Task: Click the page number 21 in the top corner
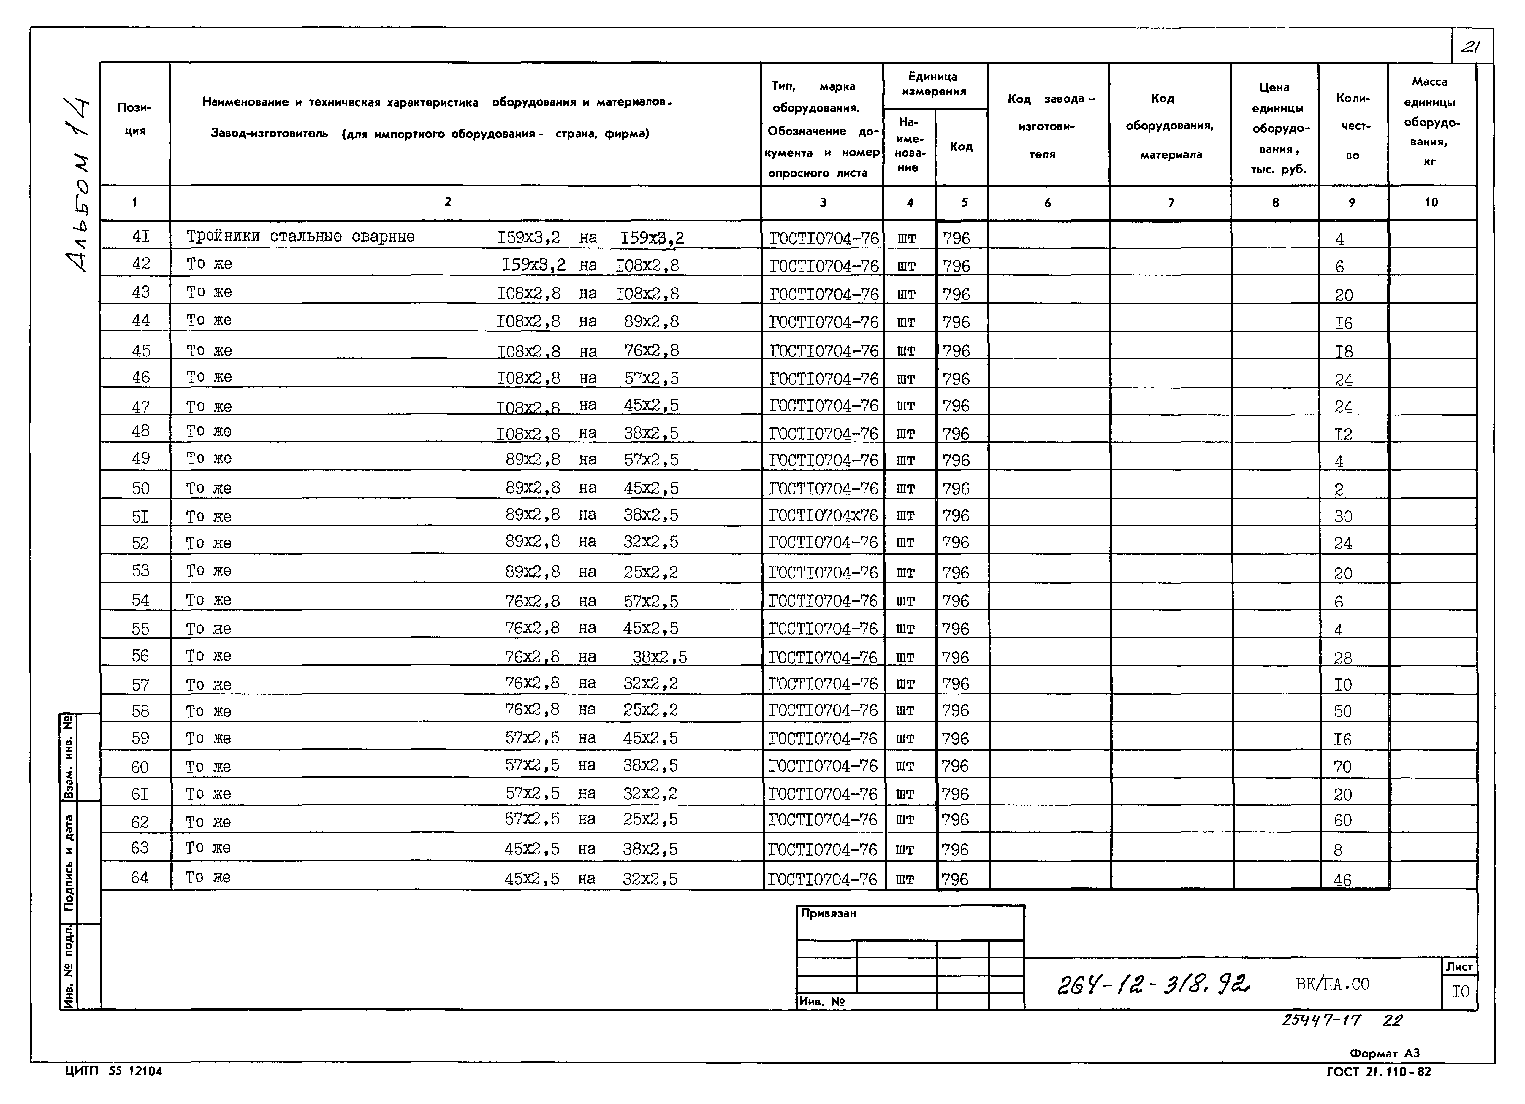[x=1471, y=46]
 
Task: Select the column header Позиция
[x=134, y=119]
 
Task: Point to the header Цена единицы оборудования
[x=1275, y=128]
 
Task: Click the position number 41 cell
[x=140, y=236]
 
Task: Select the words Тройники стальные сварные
[x=300, y=237]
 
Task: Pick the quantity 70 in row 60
[x=1342, y=767]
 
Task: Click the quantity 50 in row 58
[x=1342, y=711]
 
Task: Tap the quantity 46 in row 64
[x=1342, y=879]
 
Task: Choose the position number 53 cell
[x=140, y=571]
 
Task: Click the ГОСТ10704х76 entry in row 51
[x=823, y=516]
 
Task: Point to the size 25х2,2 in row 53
[x=650, y=572]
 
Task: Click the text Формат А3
[x=1385, y=1054]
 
